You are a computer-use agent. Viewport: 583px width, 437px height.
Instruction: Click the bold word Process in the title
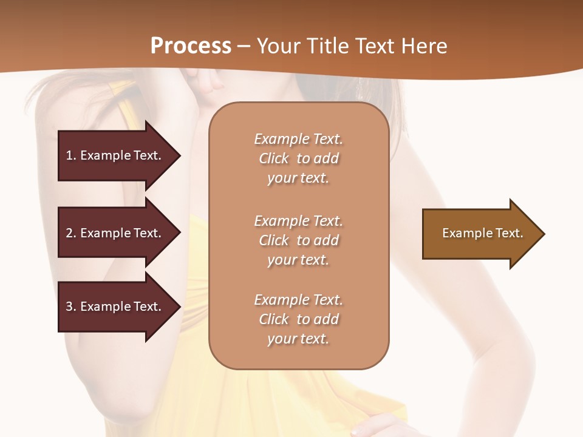[x=191, y=46]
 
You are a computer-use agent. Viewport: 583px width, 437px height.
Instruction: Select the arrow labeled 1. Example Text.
[x=115, y=155]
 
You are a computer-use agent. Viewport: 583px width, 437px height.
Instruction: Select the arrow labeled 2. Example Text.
[x=115, y=233]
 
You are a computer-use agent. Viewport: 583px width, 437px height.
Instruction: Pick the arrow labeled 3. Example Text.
[x=115, y=307]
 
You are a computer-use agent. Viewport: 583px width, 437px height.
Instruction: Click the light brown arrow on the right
[x=480, y=234]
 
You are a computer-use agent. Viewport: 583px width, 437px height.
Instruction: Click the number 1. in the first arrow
[x=71, y=155]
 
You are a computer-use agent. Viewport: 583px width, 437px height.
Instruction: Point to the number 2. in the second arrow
[x=71, y=233]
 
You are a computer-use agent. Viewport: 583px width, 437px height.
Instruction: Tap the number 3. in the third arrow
[x=71, y=307]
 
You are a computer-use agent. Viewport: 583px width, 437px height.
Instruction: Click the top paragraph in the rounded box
[x=299, y=158]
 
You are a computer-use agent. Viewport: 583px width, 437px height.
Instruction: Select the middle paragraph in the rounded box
[x=299, y=240]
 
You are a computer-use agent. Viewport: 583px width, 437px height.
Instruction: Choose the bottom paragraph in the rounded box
[x=299, y=319]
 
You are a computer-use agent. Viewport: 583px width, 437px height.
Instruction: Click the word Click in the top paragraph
[x=274, y=158]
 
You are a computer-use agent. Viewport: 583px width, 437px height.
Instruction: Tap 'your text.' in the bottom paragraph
[x=298, y=339]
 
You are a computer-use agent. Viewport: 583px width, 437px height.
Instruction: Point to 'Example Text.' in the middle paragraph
[x=299, y=221]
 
